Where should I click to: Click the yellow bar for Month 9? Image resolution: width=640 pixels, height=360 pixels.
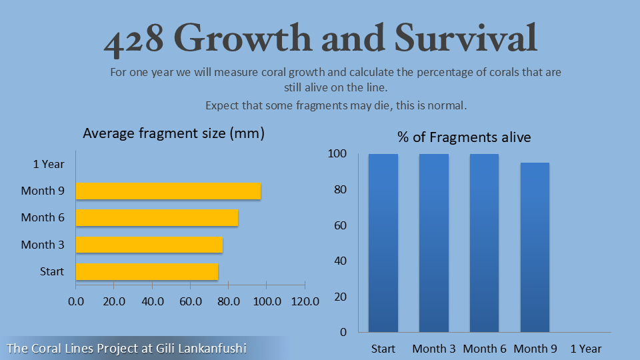click(x=168, y=191)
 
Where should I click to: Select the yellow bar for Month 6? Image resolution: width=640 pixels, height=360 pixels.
click(x=157, y=217)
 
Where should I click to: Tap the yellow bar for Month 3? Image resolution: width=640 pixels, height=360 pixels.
click(x=149, y=245)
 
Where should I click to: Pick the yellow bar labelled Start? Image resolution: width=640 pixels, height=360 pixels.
click(x=147, y=271)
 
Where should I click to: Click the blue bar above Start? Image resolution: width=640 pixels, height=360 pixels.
click(x=383, y=243)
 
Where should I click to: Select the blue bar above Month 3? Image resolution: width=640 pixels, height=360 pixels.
click(x=434, y=243)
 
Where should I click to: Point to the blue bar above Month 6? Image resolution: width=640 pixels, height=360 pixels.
click(x=485, y=243)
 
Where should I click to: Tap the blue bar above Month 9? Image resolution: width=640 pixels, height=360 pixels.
click(x=535, y=247)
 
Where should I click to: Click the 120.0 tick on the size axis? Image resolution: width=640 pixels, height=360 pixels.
click(x=305, y=301)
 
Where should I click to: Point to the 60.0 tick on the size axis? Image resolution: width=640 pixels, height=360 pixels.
click(x=191, y=301)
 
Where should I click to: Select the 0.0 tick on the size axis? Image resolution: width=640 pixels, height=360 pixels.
click(x=76, y=301)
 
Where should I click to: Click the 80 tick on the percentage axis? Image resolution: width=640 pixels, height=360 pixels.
click(x=339, y=189)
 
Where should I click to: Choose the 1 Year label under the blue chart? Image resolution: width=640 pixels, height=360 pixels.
click(x=586, y=349)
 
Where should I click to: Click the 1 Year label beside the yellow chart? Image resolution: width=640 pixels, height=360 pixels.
click(x=48, y=164)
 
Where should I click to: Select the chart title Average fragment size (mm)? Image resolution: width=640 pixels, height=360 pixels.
click(x=174, y=133)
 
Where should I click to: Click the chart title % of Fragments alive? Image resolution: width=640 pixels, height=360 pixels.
click(x=464, y=137)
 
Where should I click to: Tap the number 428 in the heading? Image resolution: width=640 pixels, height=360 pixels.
click(x=134, y=39)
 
